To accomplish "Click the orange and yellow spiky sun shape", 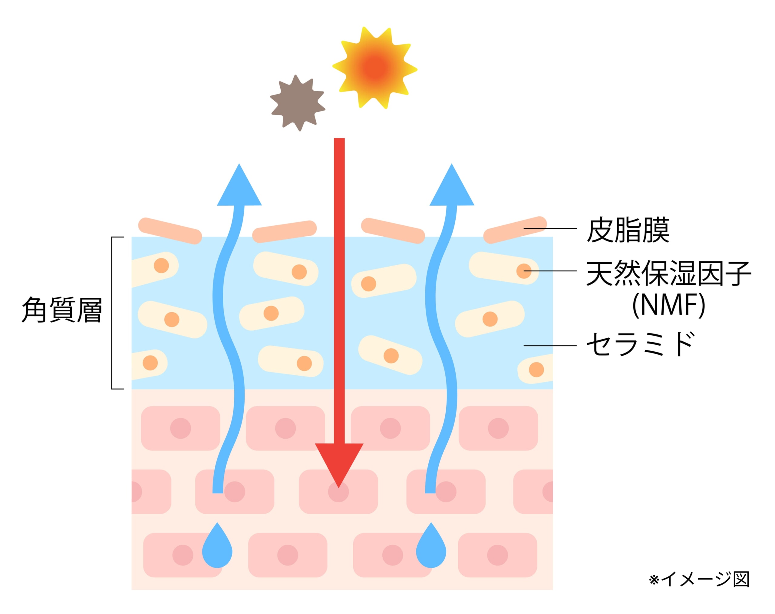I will pyautogui.click(x=374, y=68).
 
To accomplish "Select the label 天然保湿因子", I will pyautogui.click(x=668, y=273).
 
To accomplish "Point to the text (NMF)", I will pyautogui.click(x=668, y=305).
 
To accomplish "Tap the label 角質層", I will pyautogui.click(x=62, y=310).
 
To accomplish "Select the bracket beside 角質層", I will pyautogui.click(x=112, y=313).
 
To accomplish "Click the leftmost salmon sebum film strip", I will pyautogui.click(x=170, y=231).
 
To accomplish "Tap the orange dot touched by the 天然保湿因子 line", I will pyautogui.click(x=523, y=271).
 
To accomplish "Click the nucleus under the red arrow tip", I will pyautogui.click(x=338, y=491).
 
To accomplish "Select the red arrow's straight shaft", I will pyautogui.click(x=339, y=287).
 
